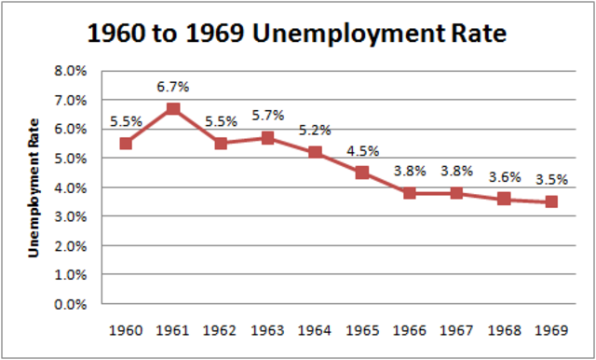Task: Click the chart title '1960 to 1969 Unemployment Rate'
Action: (x=297, y=35)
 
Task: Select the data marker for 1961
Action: (x=172, y=108)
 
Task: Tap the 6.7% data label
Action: (x=172, y=87)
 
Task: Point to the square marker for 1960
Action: (x=126, y=144)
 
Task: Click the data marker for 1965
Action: (x=362, y=173)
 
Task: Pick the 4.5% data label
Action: (x=362, y=151)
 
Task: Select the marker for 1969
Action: (x=551, y=201)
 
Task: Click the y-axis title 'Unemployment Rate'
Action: (x=34, y=187)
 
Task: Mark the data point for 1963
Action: (x=267, y=138)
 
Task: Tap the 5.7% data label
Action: (x=267, y=117)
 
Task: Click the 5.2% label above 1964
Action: (x=315, y=131)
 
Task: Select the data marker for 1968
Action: (x=504, y=199)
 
